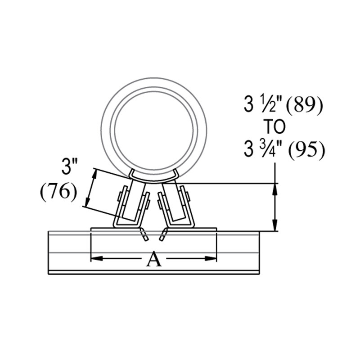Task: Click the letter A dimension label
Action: pos(154,259)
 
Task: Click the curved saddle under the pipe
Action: pos(154,177)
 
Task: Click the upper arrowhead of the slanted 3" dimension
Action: pos(94,173)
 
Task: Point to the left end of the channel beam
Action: pos(49,252)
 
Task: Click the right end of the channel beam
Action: pos(259,252)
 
